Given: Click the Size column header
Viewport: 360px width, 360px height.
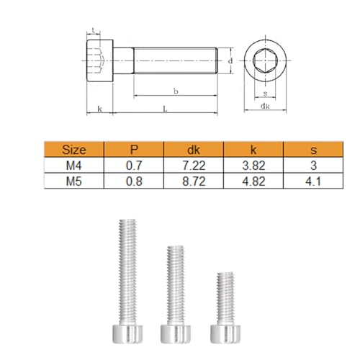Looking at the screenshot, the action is point(74,150).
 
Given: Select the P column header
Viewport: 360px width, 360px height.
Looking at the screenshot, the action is point(134,149).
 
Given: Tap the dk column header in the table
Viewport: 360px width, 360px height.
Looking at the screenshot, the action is point(194,150).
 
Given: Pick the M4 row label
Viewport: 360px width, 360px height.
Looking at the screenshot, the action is point(74,166).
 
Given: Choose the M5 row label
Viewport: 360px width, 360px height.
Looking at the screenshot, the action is point(74,181).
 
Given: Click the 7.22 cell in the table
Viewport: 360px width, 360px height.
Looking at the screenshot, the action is point(194,166).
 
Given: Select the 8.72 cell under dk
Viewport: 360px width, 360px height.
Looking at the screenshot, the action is point(194,181).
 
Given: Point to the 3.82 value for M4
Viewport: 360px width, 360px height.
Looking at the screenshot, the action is point(253,166).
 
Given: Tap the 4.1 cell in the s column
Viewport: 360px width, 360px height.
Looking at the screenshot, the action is point(313,181).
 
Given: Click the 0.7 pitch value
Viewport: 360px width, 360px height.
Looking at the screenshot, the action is point(134,166).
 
